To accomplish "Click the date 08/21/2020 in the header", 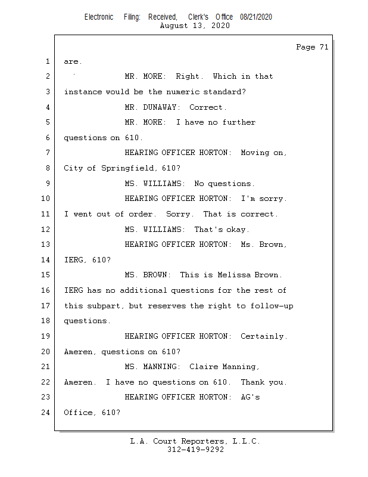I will click(x=256, y=17).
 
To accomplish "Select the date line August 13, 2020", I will click(x=195, y=26).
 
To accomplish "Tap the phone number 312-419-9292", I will click(x=195, y=450).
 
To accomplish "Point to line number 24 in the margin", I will click(x=46, y=412).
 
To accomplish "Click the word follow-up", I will click(x=273, y=306).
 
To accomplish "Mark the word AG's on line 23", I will click(x=250, y=397).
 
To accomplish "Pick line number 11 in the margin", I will click(x=46, y=214).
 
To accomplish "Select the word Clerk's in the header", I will click(x=198, y=17).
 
